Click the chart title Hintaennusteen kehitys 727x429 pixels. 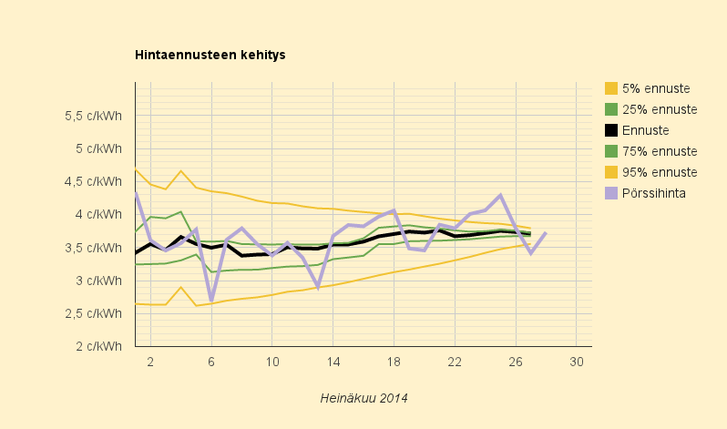(x=210, y=55)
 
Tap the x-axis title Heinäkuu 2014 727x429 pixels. (x=364, y=398)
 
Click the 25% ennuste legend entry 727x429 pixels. (x=651, y=109)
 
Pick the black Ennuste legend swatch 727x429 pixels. (x=611, y=130)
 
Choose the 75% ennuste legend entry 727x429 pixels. (x=651, y=151)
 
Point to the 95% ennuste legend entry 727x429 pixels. (x=651, y=172)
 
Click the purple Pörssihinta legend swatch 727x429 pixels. (x=611, y=193)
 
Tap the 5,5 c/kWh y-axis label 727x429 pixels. (x=93, y=116)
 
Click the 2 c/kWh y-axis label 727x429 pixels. (x=98, y=346)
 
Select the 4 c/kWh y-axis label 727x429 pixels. (x=98, y=214)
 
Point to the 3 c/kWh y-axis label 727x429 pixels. (x=98, y=281)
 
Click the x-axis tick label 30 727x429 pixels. (x=577, y=362)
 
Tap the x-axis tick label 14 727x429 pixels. (x=333, y=362)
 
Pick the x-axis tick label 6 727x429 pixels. (x=211, y=362)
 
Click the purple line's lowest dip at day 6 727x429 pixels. (x=211, y=299)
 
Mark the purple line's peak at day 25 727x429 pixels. (x=500, y=195)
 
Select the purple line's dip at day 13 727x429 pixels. (x=318, y=287)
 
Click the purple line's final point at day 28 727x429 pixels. (x=547, y=232)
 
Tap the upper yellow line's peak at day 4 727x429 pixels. (x=180, y=170)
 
